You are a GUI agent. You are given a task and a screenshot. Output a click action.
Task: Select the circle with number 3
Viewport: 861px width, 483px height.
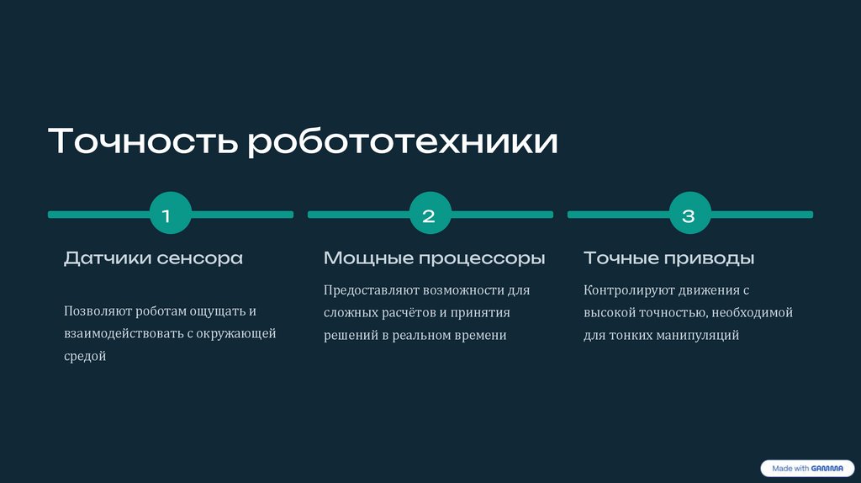click(x=689, y=215)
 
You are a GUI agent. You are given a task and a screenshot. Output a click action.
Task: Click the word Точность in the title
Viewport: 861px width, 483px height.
click(x=143, y=141)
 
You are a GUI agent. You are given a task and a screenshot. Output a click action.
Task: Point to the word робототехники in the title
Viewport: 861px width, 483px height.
click(x=402, y=141)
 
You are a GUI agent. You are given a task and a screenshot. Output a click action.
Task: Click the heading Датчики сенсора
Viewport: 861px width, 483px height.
click(x=153, y=258)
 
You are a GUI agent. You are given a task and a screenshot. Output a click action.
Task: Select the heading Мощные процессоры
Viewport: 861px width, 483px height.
click(x=434, y=258)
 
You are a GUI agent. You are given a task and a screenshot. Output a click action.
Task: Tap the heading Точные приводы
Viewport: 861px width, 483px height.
click(x=668, y=258)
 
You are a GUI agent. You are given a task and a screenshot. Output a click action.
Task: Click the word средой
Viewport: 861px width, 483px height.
click(x=85, y=357)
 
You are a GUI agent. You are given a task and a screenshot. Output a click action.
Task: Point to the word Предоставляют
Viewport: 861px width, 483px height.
click(x=371, y=290)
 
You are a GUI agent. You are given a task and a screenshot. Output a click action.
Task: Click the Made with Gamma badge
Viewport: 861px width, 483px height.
click(x=806, y=469)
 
